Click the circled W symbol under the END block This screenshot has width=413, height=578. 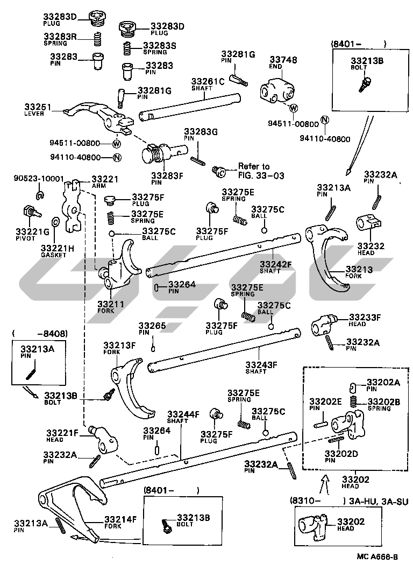294,109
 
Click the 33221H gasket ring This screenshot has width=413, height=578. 56,223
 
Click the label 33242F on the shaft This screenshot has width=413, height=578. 275,264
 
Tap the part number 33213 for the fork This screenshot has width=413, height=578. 359,269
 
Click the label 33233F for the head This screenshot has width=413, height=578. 365,318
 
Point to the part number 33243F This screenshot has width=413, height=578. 261,364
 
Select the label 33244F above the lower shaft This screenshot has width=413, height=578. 183,414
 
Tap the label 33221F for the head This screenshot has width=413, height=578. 62,433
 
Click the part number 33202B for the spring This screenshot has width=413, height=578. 384,401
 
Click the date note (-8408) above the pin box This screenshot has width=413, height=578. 40,334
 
